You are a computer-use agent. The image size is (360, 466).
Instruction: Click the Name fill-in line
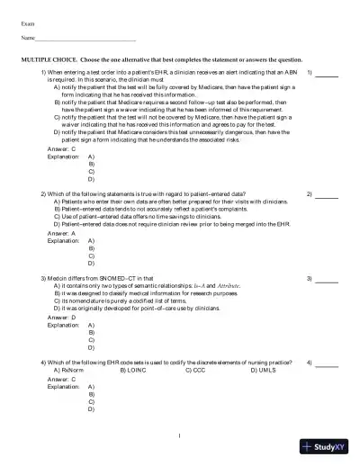(x=85, y=39)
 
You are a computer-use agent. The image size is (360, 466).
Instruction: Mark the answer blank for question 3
(x=326, y=280)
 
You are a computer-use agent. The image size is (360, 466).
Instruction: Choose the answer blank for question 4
(x=326, y=363)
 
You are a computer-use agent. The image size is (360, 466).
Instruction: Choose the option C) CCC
(x=198, y=370)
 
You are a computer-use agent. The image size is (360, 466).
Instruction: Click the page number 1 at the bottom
(x=180, y=437)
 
